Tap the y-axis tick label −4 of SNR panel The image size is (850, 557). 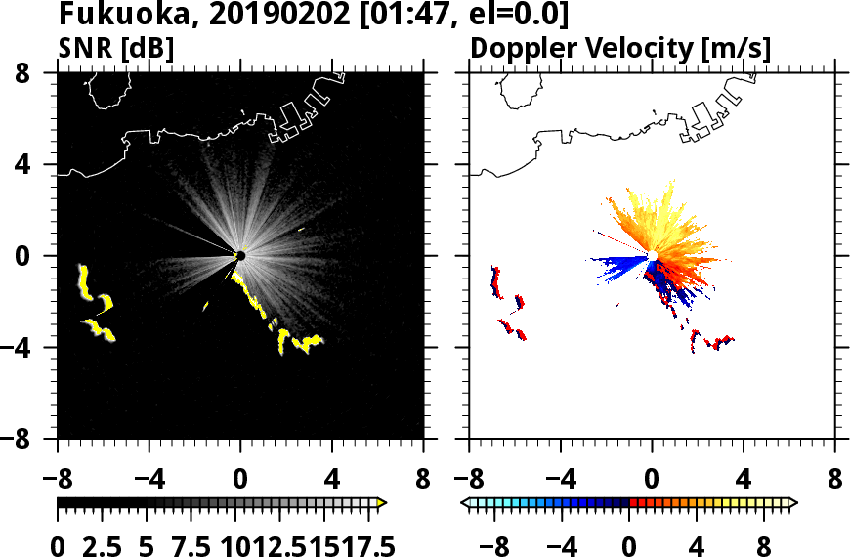(x=32, y=348)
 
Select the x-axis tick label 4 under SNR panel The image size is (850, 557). (x=332, y=481)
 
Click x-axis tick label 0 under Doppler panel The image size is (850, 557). (x=652, y=481)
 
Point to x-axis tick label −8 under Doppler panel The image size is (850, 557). (x=469, y=481)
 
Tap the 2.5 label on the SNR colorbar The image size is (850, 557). (x=111, y=545)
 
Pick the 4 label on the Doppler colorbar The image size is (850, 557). (x=698, y=545)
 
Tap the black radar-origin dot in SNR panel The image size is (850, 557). (x=240, y=256)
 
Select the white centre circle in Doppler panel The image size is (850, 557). (x=652, y=256)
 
